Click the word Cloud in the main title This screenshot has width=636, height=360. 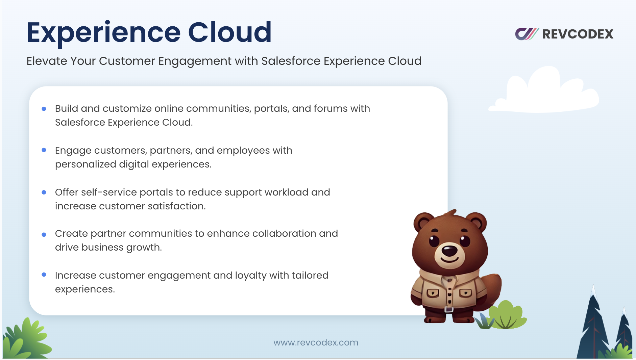pos(229,32)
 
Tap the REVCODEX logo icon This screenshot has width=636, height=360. pos(527,34)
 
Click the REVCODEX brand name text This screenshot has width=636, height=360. pos(578,34)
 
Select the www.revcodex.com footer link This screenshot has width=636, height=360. pos(316,342)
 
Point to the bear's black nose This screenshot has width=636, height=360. pos(450,251)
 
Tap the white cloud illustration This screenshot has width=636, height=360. pos(544,90)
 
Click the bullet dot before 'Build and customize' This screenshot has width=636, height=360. pos(44,109)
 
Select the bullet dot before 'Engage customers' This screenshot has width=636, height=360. pos(44,150)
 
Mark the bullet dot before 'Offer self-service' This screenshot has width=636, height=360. pos(44,192)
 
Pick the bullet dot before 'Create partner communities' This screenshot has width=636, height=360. pos(44,235)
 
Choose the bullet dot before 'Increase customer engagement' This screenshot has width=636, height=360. pos(44,275)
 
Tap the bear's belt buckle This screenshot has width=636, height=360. pos(449,309)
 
